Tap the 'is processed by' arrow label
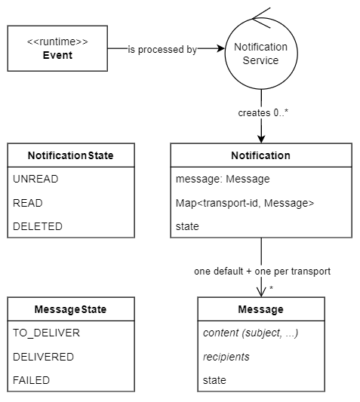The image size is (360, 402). (162, 50)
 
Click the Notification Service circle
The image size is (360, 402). (261, 54)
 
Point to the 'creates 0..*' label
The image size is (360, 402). (261, 114)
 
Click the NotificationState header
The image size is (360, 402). (71, 155)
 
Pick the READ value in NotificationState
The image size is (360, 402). (28, 203)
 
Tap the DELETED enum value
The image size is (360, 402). (38, 226)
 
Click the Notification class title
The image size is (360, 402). (260, 155)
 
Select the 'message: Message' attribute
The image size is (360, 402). (217, 180)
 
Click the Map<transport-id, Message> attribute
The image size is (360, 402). (234, 203)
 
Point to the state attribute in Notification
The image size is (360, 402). (187, 226)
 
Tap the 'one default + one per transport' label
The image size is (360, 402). (261, 271)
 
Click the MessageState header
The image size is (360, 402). (71, 309)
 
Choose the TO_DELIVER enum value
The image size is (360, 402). (46, 333)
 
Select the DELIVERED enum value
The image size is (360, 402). (43, 357)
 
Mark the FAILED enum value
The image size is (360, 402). (31, 380)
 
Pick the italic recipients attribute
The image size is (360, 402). (226, 357)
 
